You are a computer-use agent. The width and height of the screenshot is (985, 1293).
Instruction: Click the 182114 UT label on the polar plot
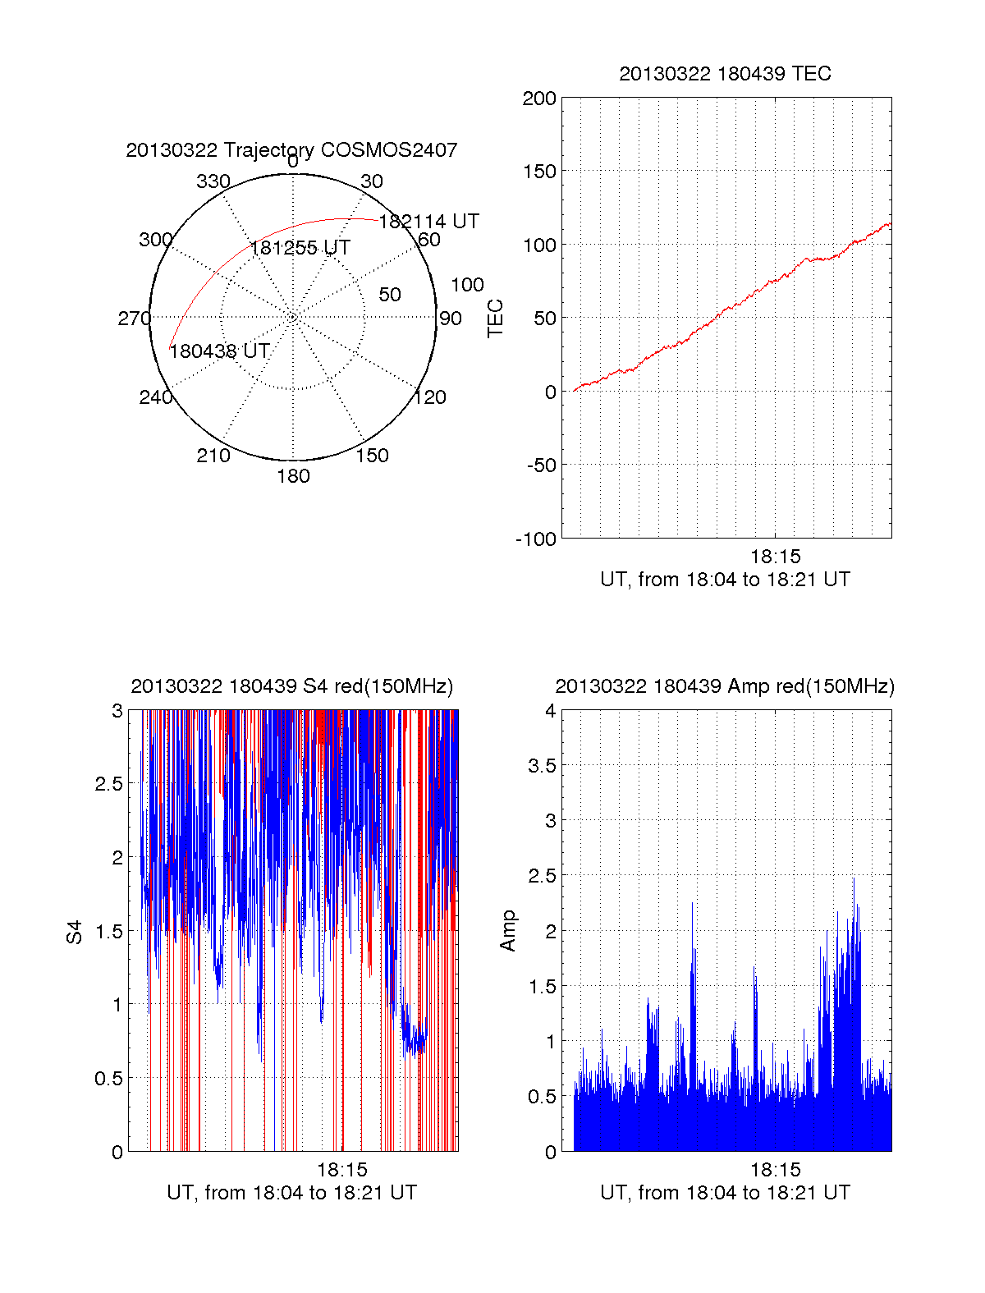pyautogui.click(x=428, y=222)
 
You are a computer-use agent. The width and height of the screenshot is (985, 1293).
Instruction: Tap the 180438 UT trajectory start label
pyautogui.click(x=219, y=351)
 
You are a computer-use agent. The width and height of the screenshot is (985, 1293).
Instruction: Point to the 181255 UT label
pyautogui.click(x=300, y=248)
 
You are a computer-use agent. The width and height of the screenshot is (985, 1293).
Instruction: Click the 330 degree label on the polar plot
pyautogui.click(x=213, y=181)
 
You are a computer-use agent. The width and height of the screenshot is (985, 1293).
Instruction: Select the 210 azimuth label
pyautogui.click(x=213, y=456)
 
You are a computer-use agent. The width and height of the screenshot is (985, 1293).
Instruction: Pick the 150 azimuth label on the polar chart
pyautogui.click(x=372, y=456)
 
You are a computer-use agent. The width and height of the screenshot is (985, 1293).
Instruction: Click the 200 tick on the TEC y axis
pyautogui.click(x=539, y=99)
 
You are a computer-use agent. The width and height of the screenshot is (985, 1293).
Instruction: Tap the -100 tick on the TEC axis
pyautogui.click(x=536, y=539)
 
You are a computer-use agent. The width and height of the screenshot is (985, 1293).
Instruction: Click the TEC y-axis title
pyautogui.click(x=496, y=319)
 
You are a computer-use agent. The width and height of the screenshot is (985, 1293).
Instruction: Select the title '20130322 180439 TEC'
pyautogui.click(x=725, y=74)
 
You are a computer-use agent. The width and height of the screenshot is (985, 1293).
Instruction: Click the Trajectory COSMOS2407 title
pyautogui.click(x=291, y=150)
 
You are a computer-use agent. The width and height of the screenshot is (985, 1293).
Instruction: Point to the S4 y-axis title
pyautogui.click(x=75, y=932)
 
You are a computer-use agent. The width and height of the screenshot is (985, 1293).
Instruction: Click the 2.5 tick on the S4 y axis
pyautogui.click(x=108, y=784)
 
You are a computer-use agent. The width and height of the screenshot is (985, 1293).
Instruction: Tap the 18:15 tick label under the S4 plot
pyautogui.click(x=342, y=1170)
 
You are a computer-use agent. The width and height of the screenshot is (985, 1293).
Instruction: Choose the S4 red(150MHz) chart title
pyautogui.click(x=291, y=686)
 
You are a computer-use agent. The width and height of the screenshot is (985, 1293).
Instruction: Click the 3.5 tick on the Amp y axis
pyautogui.click(x=542, y=766)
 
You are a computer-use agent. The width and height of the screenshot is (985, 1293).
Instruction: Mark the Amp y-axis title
pyautogui.click(x=508, y=930)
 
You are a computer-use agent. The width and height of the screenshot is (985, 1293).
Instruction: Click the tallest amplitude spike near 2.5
pyautogui.click(x=853, y=880)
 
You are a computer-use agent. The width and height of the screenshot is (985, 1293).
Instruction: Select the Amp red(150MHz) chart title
pyautogui.click(x=725, y=686)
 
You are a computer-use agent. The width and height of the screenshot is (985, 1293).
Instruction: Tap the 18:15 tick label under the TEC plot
pyautogui.click(x=775, y=557)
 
